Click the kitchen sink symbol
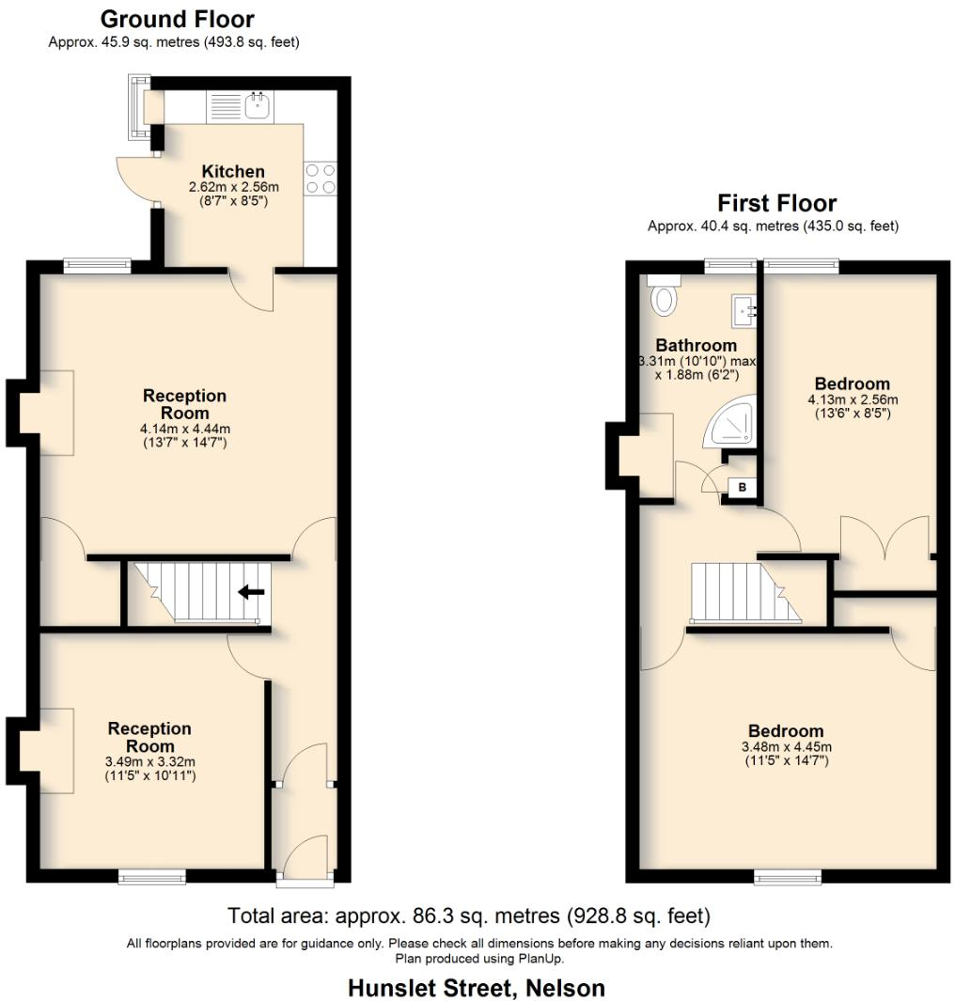pyautogui.click(x=258, y=105)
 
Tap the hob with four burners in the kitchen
pyautogui.click(x=321, y=179)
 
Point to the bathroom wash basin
pyautogui.click(x=744, y=309)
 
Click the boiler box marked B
pyautogui.click(x=743, y=487)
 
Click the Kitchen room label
pyautogui.click(x=233, y=172)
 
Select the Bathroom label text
pyautogui.click(x=696, y=345)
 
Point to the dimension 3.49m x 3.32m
pyautogui.click(x=149, y=762)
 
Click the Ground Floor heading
pyautogui.click(x=177, y=19)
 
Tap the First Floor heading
pyautogui.click(x=776, y=203)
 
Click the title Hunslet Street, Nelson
pyautogui.click(x=477, y=988)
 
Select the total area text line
pyautogui.click(x=469, y=915)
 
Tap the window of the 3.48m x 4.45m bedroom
pyautogui.click(x=786, y=877)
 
